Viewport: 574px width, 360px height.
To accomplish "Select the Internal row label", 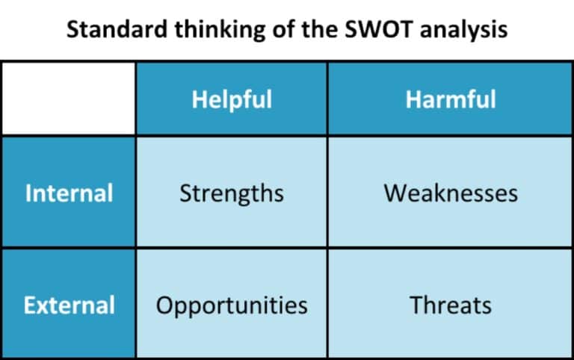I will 69,193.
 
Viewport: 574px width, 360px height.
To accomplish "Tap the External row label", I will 69,305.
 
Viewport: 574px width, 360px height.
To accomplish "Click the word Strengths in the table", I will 232,193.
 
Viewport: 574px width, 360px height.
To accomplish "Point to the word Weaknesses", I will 451,193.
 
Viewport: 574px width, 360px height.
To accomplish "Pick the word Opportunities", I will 232,305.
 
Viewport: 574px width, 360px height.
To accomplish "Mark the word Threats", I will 451,305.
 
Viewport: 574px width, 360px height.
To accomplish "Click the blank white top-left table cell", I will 69,99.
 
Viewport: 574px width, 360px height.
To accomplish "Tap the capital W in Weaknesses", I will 393,193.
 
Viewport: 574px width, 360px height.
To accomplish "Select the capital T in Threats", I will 415,305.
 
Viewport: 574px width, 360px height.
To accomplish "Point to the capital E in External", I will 29,305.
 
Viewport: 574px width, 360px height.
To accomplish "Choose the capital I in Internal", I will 28,193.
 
